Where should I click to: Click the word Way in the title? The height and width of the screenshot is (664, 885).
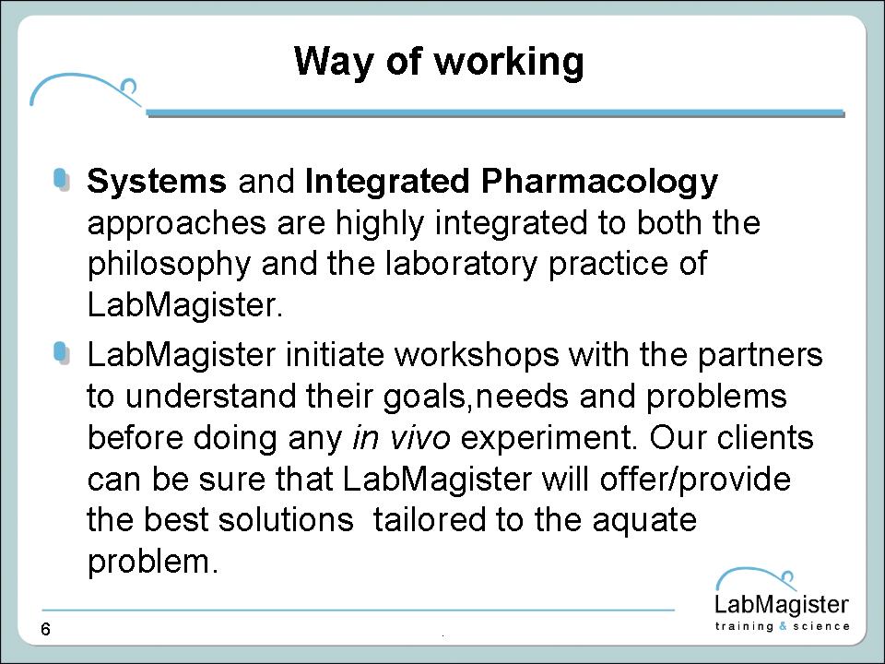[334, 62]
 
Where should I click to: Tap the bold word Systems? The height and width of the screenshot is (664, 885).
[157, 183]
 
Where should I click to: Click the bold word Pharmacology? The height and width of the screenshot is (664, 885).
[599, 183]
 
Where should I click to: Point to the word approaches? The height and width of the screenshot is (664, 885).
[177, 224]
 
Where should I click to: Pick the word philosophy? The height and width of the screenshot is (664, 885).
[169, 265]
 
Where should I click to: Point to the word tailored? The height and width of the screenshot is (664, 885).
[430, 520]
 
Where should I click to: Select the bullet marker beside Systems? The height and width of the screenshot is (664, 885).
[62, 180]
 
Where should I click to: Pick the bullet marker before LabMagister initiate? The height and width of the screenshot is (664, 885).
[62, 353]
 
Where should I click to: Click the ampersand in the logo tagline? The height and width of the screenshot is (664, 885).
[783, 626]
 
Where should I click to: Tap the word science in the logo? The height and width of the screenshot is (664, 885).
[821, 626]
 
